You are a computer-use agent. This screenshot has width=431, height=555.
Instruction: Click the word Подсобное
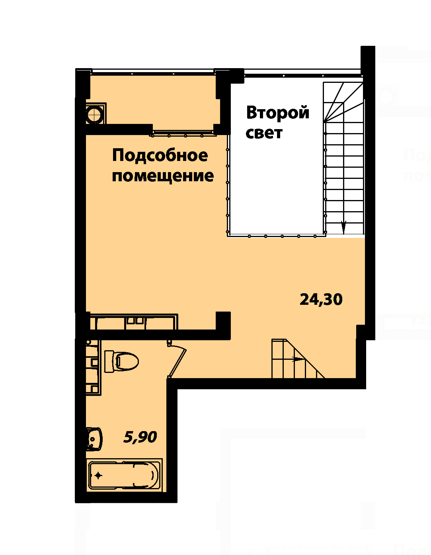pyautogui.click(x=160, y=156)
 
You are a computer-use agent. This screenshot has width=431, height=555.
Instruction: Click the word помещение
pyautogui.click(x=163, y=176)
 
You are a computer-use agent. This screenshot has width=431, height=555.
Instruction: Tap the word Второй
pyautogui.click(x=278, y=113)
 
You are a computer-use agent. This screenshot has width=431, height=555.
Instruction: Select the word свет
pyautogui.click(x=264, y=133)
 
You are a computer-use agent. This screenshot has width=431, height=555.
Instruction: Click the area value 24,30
pyautogui.click(x=321, y=299)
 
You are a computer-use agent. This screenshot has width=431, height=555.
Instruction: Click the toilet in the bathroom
pyautogui.click(x=121, y=361)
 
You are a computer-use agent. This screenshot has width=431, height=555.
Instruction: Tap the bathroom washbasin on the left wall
pyautogui.click(x=94, y=439)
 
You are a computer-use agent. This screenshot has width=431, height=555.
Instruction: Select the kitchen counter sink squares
pyautogui.click(x=135, y=321)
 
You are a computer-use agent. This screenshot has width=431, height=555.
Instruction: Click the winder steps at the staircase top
pyautogui.click(x=343, y=102)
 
